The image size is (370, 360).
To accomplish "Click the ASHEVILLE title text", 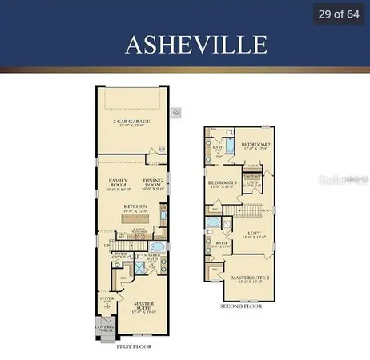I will click(185, 44).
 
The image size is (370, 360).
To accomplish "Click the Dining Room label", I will click(153, 183).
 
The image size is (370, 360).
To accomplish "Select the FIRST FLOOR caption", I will click(135, 348).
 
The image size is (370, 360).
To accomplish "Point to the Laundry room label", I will click(251, 183).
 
